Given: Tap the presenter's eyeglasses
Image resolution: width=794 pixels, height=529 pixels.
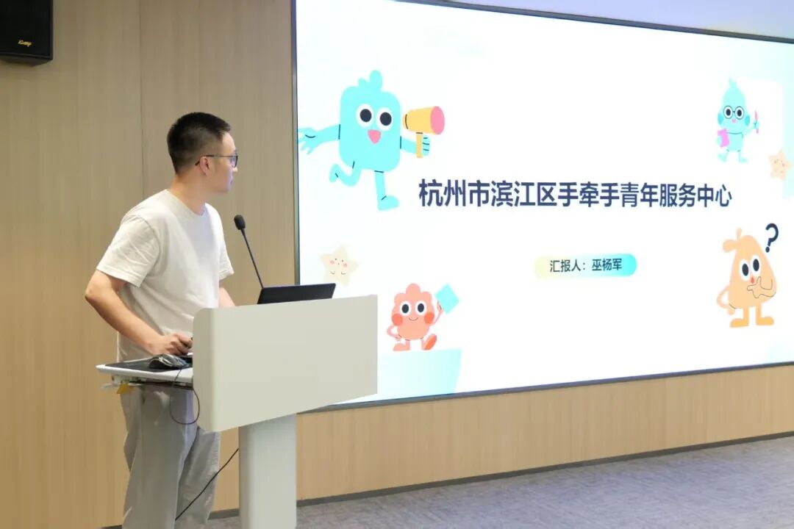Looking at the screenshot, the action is tap(221, 159).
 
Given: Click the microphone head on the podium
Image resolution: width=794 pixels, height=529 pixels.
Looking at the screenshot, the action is tap(240, 222).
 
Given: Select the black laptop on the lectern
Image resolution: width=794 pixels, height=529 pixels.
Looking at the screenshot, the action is tap(296, 293).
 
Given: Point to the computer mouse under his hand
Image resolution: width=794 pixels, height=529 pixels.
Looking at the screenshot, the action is tap(167, 361).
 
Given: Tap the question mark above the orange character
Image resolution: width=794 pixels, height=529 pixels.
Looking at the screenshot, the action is tap(770, 237).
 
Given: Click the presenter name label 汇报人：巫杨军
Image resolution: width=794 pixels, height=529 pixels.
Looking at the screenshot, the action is tap(586, 265).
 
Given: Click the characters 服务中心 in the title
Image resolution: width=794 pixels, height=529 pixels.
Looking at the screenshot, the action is tap(694, 195).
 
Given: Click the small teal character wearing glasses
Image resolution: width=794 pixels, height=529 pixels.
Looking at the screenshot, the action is tap(736, 121).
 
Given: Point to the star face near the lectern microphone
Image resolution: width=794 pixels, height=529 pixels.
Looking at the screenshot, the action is tap(339, 264).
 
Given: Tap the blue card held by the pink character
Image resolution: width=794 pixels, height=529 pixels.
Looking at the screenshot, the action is tap(447, 298).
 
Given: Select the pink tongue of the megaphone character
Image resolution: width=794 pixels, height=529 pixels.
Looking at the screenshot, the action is tap(373, 136).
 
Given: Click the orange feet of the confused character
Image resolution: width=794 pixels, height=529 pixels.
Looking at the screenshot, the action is tap(751, 320).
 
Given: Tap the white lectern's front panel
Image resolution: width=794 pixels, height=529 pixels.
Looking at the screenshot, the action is tap(285, 361).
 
